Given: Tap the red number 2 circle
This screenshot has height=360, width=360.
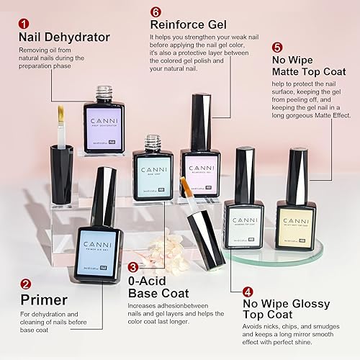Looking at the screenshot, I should pyautogui.click(x=25, y=284).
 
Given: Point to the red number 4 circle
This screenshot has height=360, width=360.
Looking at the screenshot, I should pyautogui.click(x=248, y=292).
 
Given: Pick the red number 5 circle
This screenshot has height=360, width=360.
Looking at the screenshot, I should pyautogui.click(x=277, y=48).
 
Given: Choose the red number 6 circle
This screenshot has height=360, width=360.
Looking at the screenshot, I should pyautogui.click(x=155, y=12).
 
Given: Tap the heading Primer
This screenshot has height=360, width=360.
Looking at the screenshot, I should pyautogui.click(x=44, y=300).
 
